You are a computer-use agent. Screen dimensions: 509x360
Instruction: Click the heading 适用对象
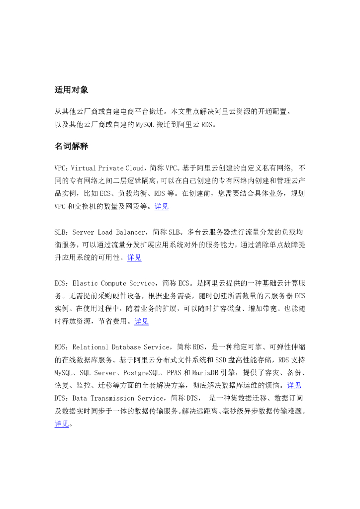coord(72,90)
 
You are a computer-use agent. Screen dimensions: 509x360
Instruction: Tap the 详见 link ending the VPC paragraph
coord(162,206)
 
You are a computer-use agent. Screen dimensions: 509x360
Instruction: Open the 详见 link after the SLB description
coord(135,257)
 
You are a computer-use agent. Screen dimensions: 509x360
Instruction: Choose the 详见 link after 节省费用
coord(142,322)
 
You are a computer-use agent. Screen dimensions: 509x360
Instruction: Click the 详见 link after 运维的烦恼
coord(294,385)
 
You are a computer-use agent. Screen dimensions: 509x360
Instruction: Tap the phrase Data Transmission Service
coord(118,398)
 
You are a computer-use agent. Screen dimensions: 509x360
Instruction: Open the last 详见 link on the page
coord(62,424)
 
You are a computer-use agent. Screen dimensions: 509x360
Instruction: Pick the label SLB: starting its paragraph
coord(62,232)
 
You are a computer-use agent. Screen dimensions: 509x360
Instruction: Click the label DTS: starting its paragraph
coord(62,398)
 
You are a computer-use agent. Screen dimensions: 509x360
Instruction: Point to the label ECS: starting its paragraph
coord(62,283)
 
